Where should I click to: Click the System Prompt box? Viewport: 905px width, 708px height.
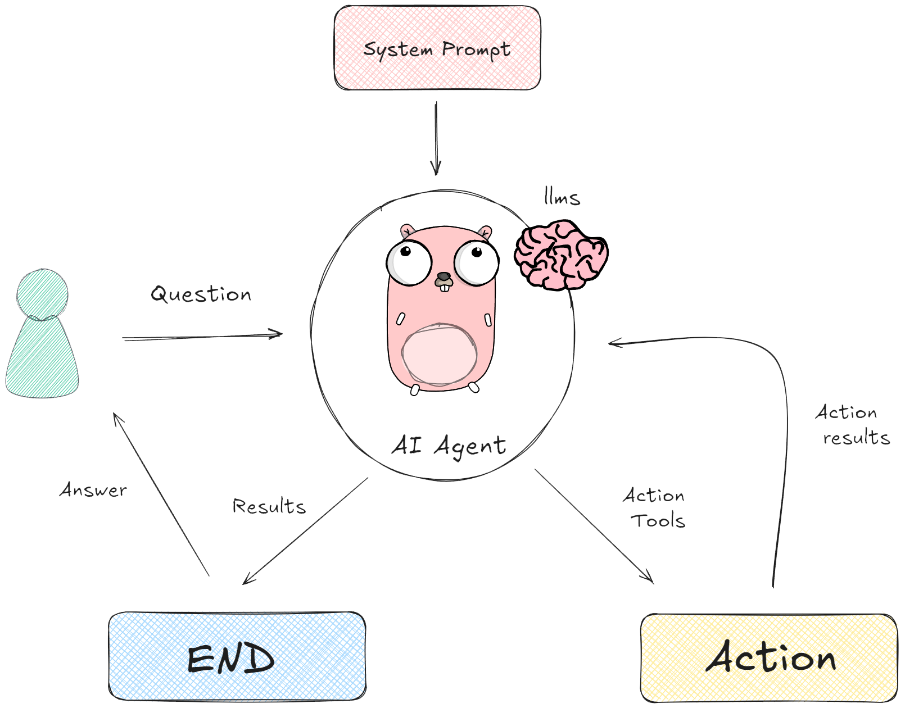point(437,48)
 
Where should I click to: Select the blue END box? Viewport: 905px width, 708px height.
point(237,656)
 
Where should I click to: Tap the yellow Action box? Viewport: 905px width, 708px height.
point(769,657)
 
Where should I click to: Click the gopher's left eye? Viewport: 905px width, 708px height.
point(409,262)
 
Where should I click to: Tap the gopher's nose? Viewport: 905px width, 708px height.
point(444,276)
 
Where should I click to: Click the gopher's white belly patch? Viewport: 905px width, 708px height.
point(440,355)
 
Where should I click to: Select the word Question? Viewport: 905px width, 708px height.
point(201,294)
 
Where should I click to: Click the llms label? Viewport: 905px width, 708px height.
point(562,197)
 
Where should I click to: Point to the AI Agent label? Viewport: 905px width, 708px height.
point(449,446)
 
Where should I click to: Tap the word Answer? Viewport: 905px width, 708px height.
point(93,490)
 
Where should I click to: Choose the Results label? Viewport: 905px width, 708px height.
point(269,506)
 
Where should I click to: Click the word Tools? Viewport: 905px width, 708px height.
point(660,521)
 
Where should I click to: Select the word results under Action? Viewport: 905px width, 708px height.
point(856,438)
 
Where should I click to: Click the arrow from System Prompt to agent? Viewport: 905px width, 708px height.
point(436,138)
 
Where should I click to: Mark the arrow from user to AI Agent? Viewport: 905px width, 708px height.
point(202,337)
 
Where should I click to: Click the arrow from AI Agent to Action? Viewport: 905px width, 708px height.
point(594,526)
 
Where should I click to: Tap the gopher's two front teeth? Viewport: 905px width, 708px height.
point(445,287)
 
